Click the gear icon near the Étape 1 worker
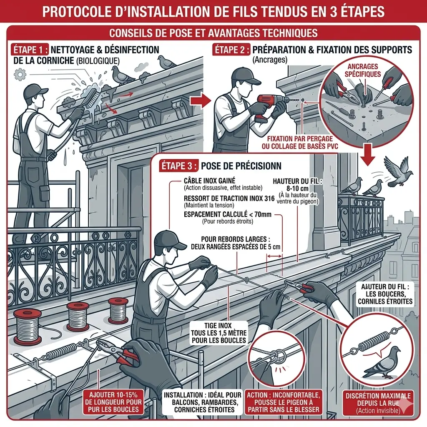click(x=20, y=74)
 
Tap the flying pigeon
click(x=398, y=171)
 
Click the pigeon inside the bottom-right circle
click(x=382, y=363)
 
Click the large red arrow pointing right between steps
click(x=200, y=101)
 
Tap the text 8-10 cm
click(x=297, y=188)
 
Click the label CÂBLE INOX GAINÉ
click(x=209, y=181)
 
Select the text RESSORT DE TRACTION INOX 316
click(x=229, y=198)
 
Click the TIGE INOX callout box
click(x=219, y=333)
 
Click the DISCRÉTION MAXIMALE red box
click(x=378, y=403)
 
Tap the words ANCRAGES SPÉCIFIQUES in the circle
click(x=362, y=70)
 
